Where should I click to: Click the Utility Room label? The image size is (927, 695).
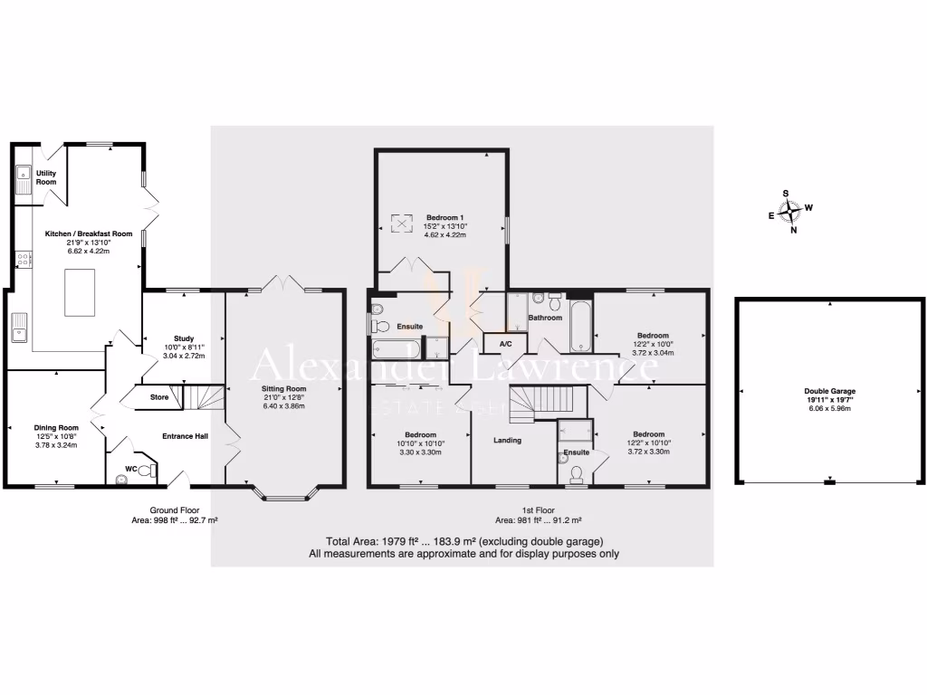[x=45, y=177]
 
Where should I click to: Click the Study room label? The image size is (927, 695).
[x=184, y=338]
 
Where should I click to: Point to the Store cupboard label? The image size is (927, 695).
[x=159, y=396]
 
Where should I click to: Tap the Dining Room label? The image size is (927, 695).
[x=56, y=428]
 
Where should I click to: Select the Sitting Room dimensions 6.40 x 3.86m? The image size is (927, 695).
[x=284, y=406]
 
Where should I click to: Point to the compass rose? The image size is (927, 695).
[x=793, y=212]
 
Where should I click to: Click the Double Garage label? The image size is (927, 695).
[x=832, y=392]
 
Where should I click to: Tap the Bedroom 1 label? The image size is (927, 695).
[x=444, y=217]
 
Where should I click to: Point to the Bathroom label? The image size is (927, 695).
[x=545, y=318]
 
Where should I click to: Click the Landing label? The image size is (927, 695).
[x=506, y=441]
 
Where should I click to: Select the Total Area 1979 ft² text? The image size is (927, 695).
[x=463, y=541]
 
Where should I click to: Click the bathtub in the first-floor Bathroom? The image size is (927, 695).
[x=580, y=328]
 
